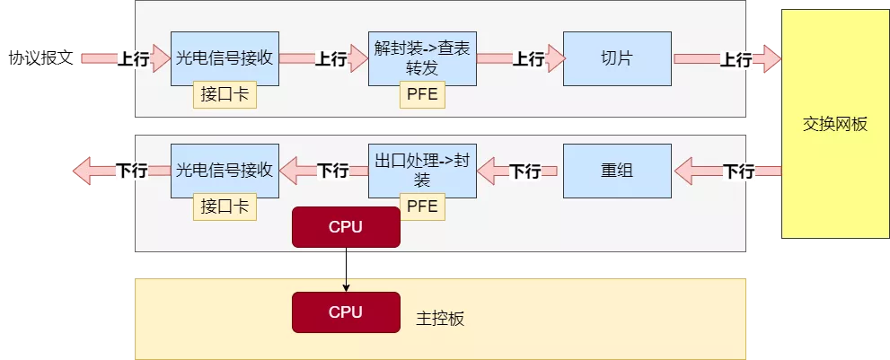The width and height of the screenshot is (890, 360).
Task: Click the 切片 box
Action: pos(617,58)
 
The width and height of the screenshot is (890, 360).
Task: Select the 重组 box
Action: pos(617,170)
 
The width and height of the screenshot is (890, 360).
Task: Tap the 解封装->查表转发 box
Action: pos(422,55)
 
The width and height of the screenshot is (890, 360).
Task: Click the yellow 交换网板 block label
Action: pos(834,124)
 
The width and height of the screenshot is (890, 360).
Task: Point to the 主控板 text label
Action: pos(441,319)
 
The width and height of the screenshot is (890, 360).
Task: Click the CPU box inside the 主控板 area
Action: pos(346,312)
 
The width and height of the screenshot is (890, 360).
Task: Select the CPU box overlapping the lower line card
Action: pos(346,227)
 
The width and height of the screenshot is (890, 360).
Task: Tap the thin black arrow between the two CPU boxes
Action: pos(346,269)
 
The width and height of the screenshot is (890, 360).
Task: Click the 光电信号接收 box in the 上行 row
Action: pos(225,58)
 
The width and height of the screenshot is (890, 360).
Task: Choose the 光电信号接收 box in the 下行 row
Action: pos(225,170)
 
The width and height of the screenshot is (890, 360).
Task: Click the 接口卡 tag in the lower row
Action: pos(225,207)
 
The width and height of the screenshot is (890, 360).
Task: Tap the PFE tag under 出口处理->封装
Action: pos(422,207)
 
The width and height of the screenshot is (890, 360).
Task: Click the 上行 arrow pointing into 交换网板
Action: pos(727,59)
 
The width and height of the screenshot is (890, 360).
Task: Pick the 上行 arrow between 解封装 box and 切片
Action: pos(521,59)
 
